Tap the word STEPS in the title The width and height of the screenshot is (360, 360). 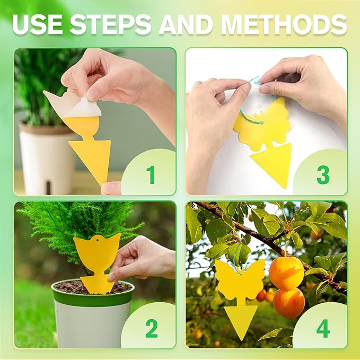pyautogui.click(x=111, y=24)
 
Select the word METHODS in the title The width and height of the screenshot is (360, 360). pyautogui.click(x=284, y=24)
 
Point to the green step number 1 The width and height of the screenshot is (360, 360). pyautogui.click(x=151, y=174)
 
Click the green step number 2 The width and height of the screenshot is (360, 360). pyautogui.click(x=151, y=328)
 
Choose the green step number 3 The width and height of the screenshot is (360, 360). pyautogui.click(x=323, y=174)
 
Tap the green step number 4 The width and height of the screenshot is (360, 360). pyautogui.click(x=323, y=328)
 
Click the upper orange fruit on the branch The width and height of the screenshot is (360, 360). pyautogui.click(x=286, y=273)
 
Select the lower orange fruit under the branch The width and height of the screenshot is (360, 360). pyautogui.click(x=289, y=302)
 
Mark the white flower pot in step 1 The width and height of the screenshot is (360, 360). pyautogui.click(x=40, y=159)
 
